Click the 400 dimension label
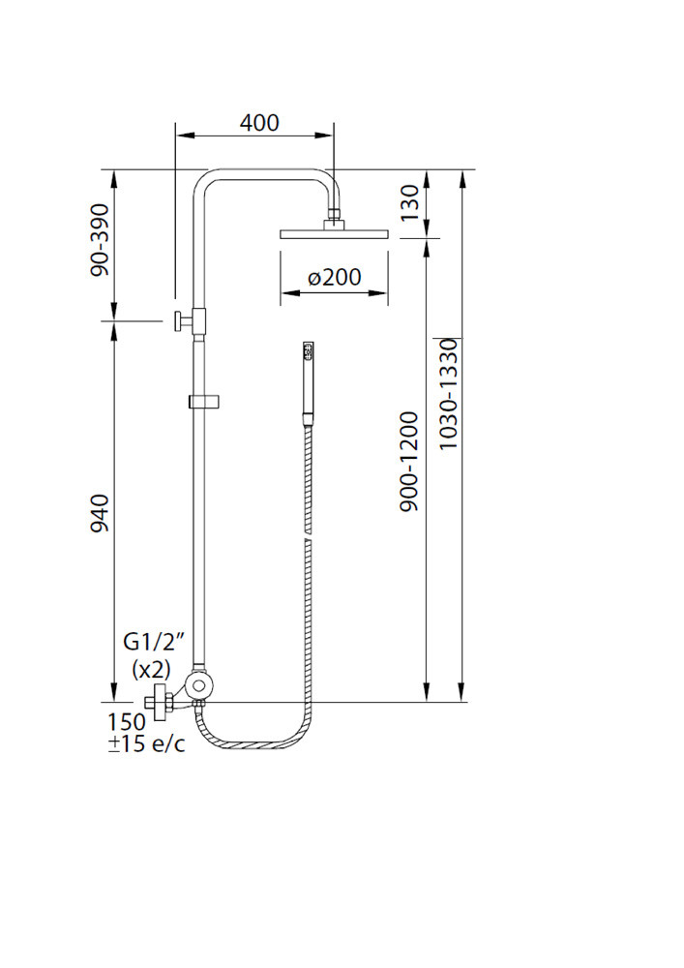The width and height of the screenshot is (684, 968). pyautogui.click(x=259, y=122)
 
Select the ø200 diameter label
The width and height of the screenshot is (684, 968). pyautogui.click(x=335, y=277)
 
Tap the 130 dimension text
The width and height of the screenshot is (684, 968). pyautogui.click(x=409, y=202)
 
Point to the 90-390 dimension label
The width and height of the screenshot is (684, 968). pyautogui.click(x=100, y=240)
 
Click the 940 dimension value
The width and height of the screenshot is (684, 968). pyautogui.click(x=100, y=512)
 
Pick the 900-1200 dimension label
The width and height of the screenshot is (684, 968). pyautogui.click(x=409, y=461)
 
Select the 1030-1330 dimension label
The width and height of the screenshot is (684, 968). pyautogui.click(x=448, y=394)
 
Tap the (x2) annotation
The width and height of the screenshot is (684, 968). pyautogui.click(x=151, y=669)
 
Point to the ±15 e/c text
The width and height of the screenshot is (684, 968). pyautogui.click(x=146, y=743)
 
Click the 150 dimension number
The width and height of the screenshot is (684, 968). pyautogui.click(x=127, y=722)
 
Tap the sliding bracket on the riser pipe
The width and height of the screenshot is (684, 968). pyautogui.click(x=204, y=402)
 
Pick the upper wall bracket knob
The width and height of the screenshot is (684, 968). pyautogui.click(x=177, y=320)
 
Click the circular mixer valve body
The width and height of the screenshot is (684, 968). pyautogui.click(x=200, y=685)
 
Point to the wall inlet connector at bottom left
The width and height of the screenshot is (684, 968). pyautogui.click(x=159, y=702)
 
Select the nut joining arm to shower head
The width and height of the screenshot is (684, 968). pyautogui.click(x=334, y=215)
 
